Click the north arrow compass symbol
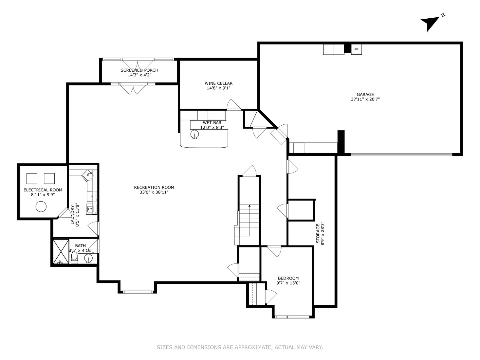pos(430,23)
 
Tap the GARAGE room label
pos(365,95)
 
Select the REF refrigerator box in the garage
pos(356,49)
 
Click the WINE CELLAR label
pos(218,83)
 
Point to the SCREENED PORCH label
pos(139,70)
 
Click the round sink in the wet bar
pos(195,134)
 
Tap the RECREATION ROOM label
pos(154,188)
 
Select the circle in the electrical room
pos(41,207)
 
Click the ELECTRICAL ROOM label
pos(43,190)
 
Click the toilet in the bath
pos(74,257)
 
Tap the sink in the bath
pos(88,259)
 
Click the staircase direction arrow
pos(249,206)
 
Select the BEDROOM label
pos(288,278)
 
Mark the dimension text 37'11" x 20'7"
pos(365,99)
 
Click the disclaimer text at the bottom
pos(240,347)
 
